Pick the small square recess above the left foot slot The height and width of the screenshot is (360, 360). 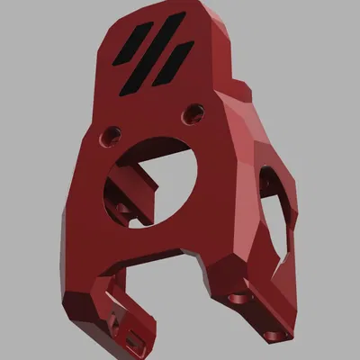pyautogui.click(x=114, y=317)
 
